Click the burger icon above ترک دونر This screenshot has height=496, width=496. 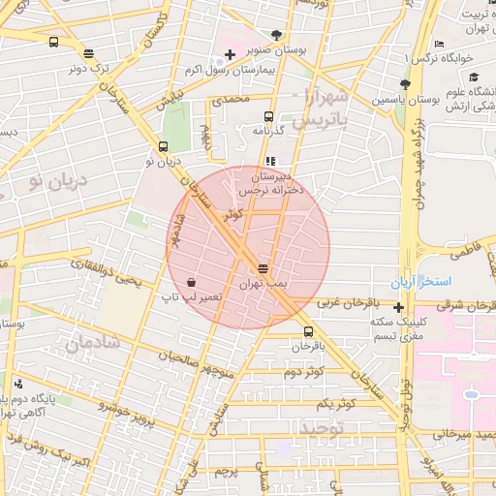[89, 54]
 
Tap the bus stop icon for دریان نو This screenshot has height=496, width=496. [163, 148]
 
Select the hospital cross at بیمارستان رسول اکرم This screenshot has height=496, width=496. [229, 54]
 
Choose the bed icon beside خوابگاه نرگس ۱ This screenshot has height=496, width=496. [439, 45]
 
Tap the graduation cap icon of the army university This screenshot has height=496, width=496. [473, 77]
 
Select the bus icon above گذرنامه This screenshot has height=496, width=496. [269, 117]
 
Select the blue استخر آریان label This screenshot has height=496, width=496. [420, 282]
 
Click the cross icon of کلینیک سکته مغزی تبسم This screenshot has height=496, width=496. [398, 307]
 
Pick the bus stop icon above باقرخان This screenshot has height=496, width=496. [309, 331]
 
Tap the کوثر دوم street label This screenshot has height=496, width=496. [300, 372]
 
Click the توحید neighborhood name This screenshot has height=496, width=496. [321, 427]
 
